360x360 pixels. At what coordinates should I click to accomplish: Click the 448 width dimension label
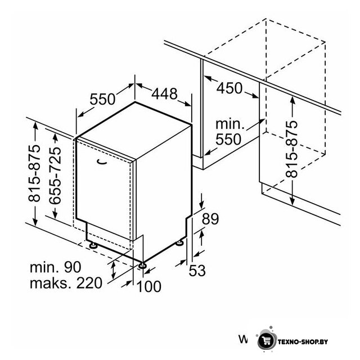point(164,94)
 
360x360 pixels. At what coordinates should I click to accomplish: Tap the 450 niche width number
point(229,88)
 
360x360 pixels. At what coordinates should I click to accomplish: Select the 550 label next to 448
point(102,99)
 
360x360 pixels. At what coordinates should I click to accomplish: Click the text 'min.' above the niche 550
point(230,124)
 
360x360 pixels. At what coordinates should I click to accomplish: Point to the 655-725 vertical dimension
point(55,175)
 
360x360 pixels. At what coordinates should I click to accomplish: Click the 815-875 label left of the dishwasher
point(34,173)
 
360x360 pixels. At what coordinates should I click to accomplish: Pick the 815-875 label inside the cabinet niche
point(291,149)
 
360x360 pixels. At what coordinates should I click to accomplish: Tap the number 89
point(210,219)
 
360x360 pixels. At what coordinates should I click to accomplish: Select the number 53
point(197,271)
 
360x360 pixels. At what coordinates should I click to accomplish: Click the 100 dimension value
point(148,286)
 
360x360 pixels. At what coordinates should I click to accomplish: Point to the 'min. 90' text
point(56,267)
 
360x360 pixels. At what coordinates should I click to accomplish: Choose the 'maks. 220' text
point(66,283)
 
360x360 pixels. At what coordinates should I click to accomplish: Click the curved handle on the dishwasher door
point(102,161)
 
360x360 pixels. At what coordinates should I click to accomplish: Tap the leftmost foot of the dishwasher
point(93,246)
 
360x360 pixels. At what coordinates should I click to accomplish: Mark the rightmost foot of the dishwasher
point(179,242)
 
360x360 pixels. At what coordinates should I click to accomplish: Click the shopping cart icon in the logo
point(267,341)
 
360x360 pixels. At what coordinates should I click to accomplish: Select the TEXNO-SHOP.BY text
point(303,342)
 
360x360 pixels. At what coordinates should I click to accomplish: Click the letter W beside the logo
point(243,339)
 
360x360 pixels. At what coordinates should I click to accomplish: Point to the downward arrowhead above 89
point(202,204)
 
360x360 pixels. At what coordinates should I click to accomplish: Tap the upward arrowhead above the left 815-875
point(35,127)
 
